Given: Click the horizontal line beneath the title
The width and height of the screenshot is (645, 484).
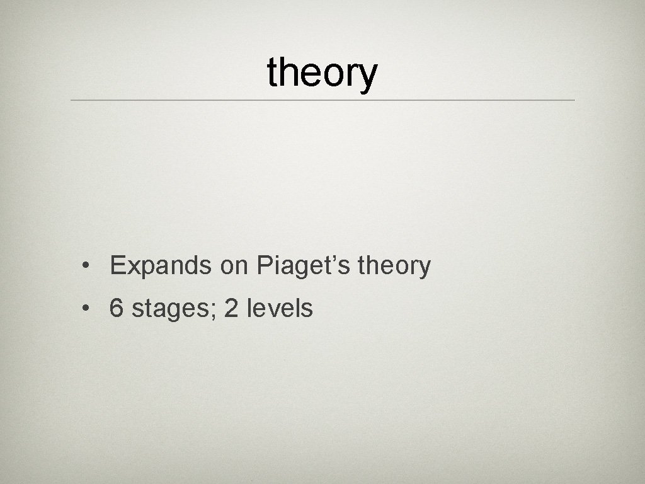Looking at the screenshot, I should [322, 100].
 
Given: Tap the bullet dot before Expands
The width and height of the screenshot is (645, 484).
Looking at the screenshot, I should [84, 267].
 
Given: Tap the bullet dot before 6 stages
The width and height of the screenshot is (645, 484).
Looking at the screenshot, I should [84, 309].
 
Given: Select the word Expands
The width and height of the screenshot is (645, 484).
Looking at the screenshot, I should [161, 266].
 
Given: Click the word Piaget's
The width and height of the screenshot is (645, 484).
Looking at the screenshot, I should [304, 266].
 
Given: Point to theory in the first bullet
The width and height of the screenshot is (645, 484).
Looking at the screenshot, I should [394, 266].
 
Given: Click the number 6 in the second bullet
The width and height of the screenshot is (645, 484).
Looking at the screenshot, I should [117, 308].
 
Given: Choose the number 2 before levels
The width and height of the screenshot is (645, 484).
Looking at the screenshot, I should [231, 308].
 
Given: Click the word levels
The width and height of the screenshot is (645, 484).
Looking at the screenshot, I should [280, 308].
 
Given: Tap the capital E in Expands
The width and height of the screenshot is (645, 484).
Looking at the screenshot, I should [117, 266].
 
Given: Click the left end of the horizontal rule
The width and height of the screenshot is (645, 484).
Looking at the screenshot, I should [72, 100].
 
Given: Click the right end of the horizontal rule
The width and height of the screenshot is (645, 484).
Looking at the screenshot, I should [573, 100].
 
